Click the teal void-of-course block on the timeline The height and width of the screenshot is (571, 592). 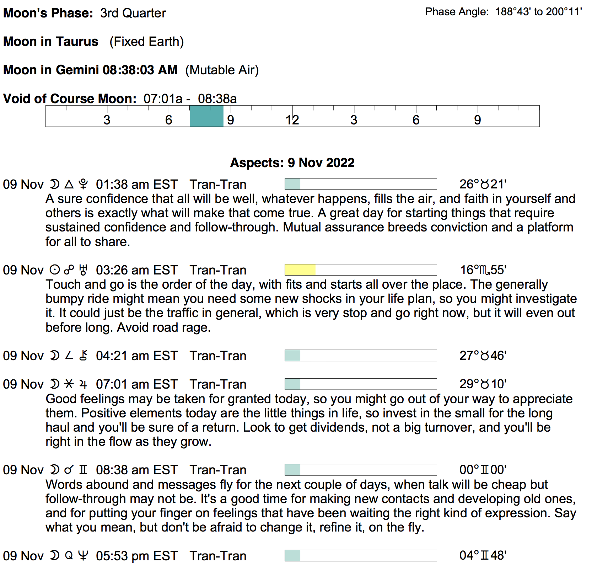206,116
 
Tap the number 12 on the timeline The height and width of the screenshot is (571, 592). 292,120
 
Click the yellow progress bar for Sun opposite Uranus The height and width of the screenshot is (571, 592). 300,270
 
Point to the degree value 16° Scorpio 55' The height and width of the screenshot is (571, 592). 483,270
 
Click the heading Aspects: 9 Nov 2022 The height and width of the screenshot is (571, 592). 292,162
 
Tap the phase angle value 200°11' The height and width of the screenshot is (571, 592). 564,12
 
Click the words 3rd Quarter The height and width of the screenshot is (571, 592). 133,13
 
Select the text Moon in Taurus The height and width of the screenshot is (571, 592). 51,42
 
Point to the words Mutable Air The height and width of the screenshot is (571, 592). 222,70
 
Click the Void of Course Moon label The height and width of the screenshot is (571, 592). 70,98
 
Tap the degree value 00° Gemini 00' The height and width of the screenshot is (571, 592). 483,470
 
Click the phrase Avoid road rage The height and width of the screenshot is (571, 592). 164,327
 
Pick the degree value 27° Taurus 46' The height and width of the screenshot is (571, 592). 483,356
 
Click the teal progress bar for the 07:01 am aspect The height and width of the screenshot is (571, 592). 293,384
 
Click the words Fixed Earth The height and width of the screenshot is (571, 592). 146,42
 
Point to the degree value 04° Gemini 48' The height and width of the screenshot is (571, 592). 483,555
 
